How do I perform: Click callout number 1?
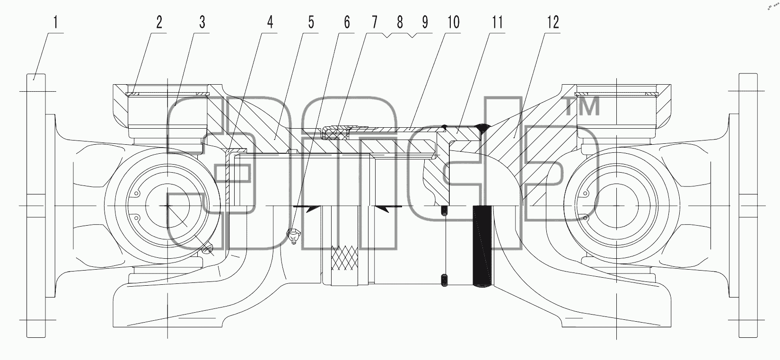(x=55, y=22)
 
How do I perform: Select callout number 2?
(x=159, y=22)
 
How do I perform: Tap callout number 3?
(x=202, y=22)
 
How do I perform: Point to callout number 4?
(x=270, y=22)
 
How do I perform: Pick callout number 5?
(x=311, y=22)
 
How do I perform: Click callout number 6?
(x=347, y=22)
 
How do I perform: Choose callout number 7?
(x=374, y=22)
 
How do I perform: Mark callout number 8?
(x=400, y=22)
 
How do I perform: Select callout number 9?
(x=425, y=22)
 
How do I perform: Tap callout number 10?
(x=454, y=22)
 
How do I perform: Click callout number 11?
(x=497, y=22)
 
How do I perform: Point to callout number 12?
(x=553, y=22)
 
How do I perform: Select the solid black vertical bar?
(x=482, y=246)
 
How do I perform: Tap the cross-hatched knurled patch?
(x=344, y=258)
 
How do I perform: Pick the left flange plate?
(x=36, y=205)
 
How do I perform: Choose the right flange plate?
(x=748, y=205)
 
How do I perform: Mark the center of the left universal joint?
(x=167, y=206)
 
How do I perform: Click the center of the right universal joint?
(x=617, y=206)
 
